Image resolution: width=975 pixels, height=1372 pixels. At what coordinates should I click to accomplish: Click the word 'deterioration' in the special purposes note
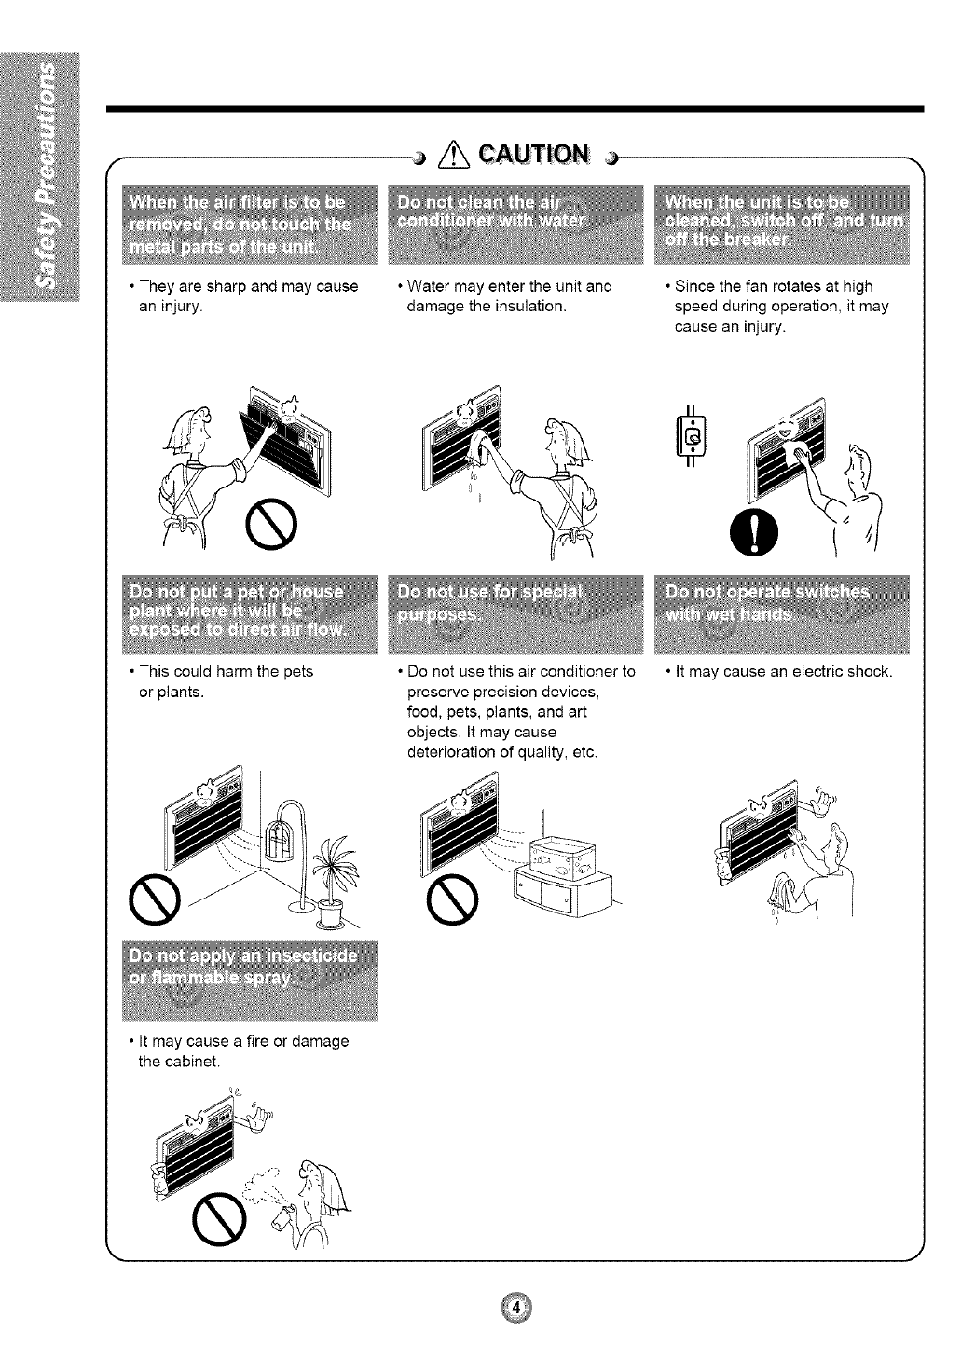[448, 752]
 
